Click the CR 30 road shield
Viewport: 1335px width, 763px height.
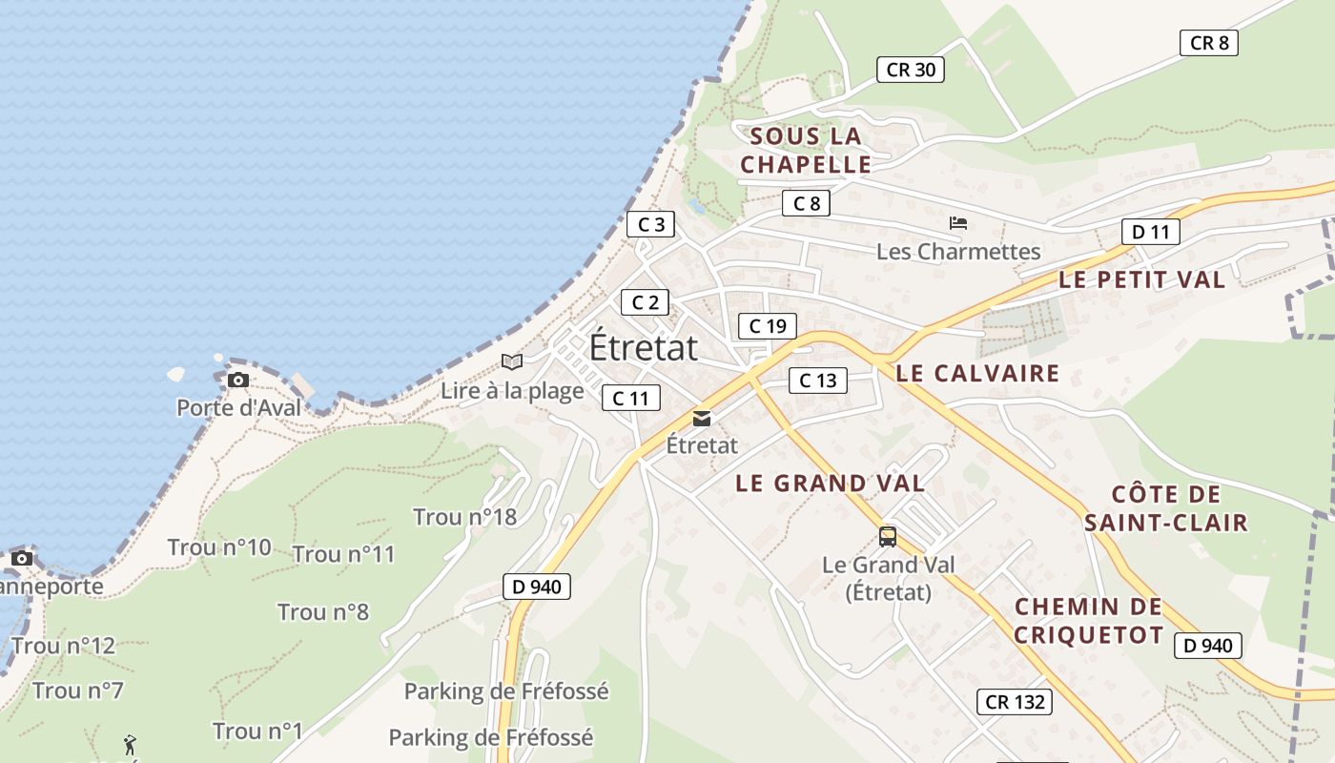click(911, 70)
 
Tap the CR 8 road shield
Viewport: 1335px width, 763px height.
click(1209, 43)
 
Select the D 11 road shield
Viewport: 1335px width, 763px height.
click(1150, 232)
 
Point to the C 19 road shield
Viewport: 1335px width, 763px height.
click(768, 326)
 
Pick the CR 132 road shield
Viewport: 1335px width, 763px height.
click(1015, 703)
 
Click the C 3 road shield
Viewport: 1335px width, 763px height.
click(651, 225)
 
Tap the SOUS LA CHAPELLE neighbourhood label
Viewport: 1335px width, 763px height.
click(806, 150)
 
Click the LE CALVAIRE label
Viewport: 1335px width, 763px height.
click(977, 373)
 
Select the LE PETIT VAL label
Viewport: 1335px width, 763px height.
click(1141, 279)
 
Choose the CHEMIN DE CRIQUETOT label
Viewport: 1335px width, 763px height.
click(1088, 621)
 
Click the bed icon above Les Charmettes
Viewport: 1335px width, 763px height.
click(958, 224)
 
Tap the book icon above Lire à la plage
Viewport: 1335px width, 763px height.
click(512, 362)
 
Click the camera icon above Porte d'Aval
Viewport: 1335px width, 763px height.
click(238, 381)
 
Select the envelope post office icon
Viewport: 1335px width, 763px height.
click(702, 419)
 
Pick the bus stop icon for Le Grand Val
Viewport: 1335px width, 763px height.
click(888, 537)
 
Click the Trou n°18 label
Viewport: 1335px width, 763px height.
click(464, 517)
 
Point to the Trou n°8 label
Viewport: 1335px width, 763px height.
click(323, 611)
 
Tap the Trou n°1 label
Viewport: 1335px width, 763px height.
click(257, 732)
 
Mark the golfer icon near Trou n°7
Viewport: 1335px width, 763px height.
click(130, 744)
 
